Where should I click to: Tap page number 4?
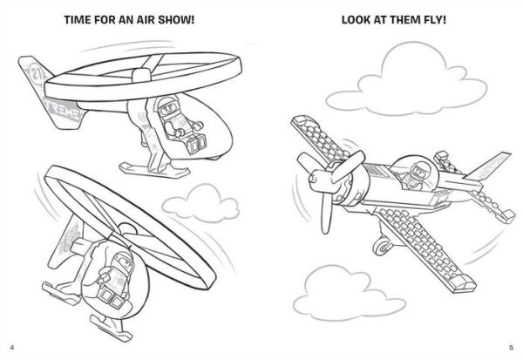pos(11,350)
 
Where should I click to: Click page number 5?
pos(512,350)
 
